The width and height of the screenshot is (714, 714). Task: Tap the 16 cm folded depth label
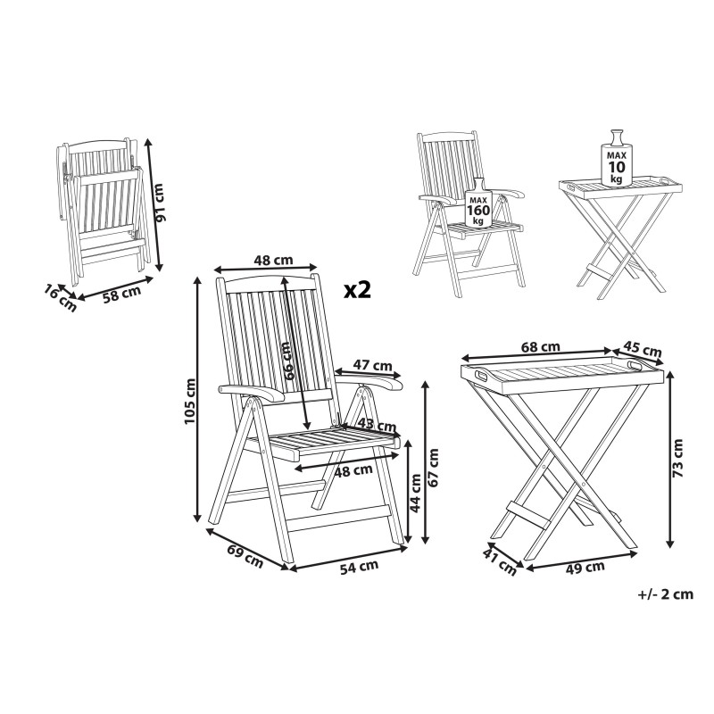[61, 298]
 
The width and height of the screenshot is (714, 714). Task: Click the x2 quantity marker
[358, 290]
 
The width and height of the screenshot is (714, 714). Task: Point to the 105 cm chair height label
[190, 402]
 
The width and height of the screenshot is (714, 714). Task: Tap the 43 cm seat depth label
[377, 425]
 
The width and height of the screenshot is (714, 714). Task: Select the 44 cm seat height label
[416, 494]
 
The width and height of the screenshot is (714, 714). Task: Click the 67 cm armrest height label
[433, 467]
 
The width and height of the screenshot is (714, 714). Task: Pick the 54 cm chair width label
[360, 567]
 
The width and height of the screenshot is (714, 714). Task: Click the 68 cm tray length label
[541, 347]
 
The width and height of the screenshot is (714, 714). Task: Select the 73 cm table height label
[678, 458]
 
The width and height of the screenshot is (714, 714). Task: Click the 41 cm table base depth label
[500, 562]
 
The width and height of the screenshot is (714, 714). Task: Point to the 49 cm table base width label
[585, 568]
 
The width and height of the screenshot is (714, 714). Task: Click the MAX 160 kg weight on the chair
[478, 203]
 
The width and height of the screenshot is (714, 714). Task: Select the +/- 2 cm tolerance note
[666, 594]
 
